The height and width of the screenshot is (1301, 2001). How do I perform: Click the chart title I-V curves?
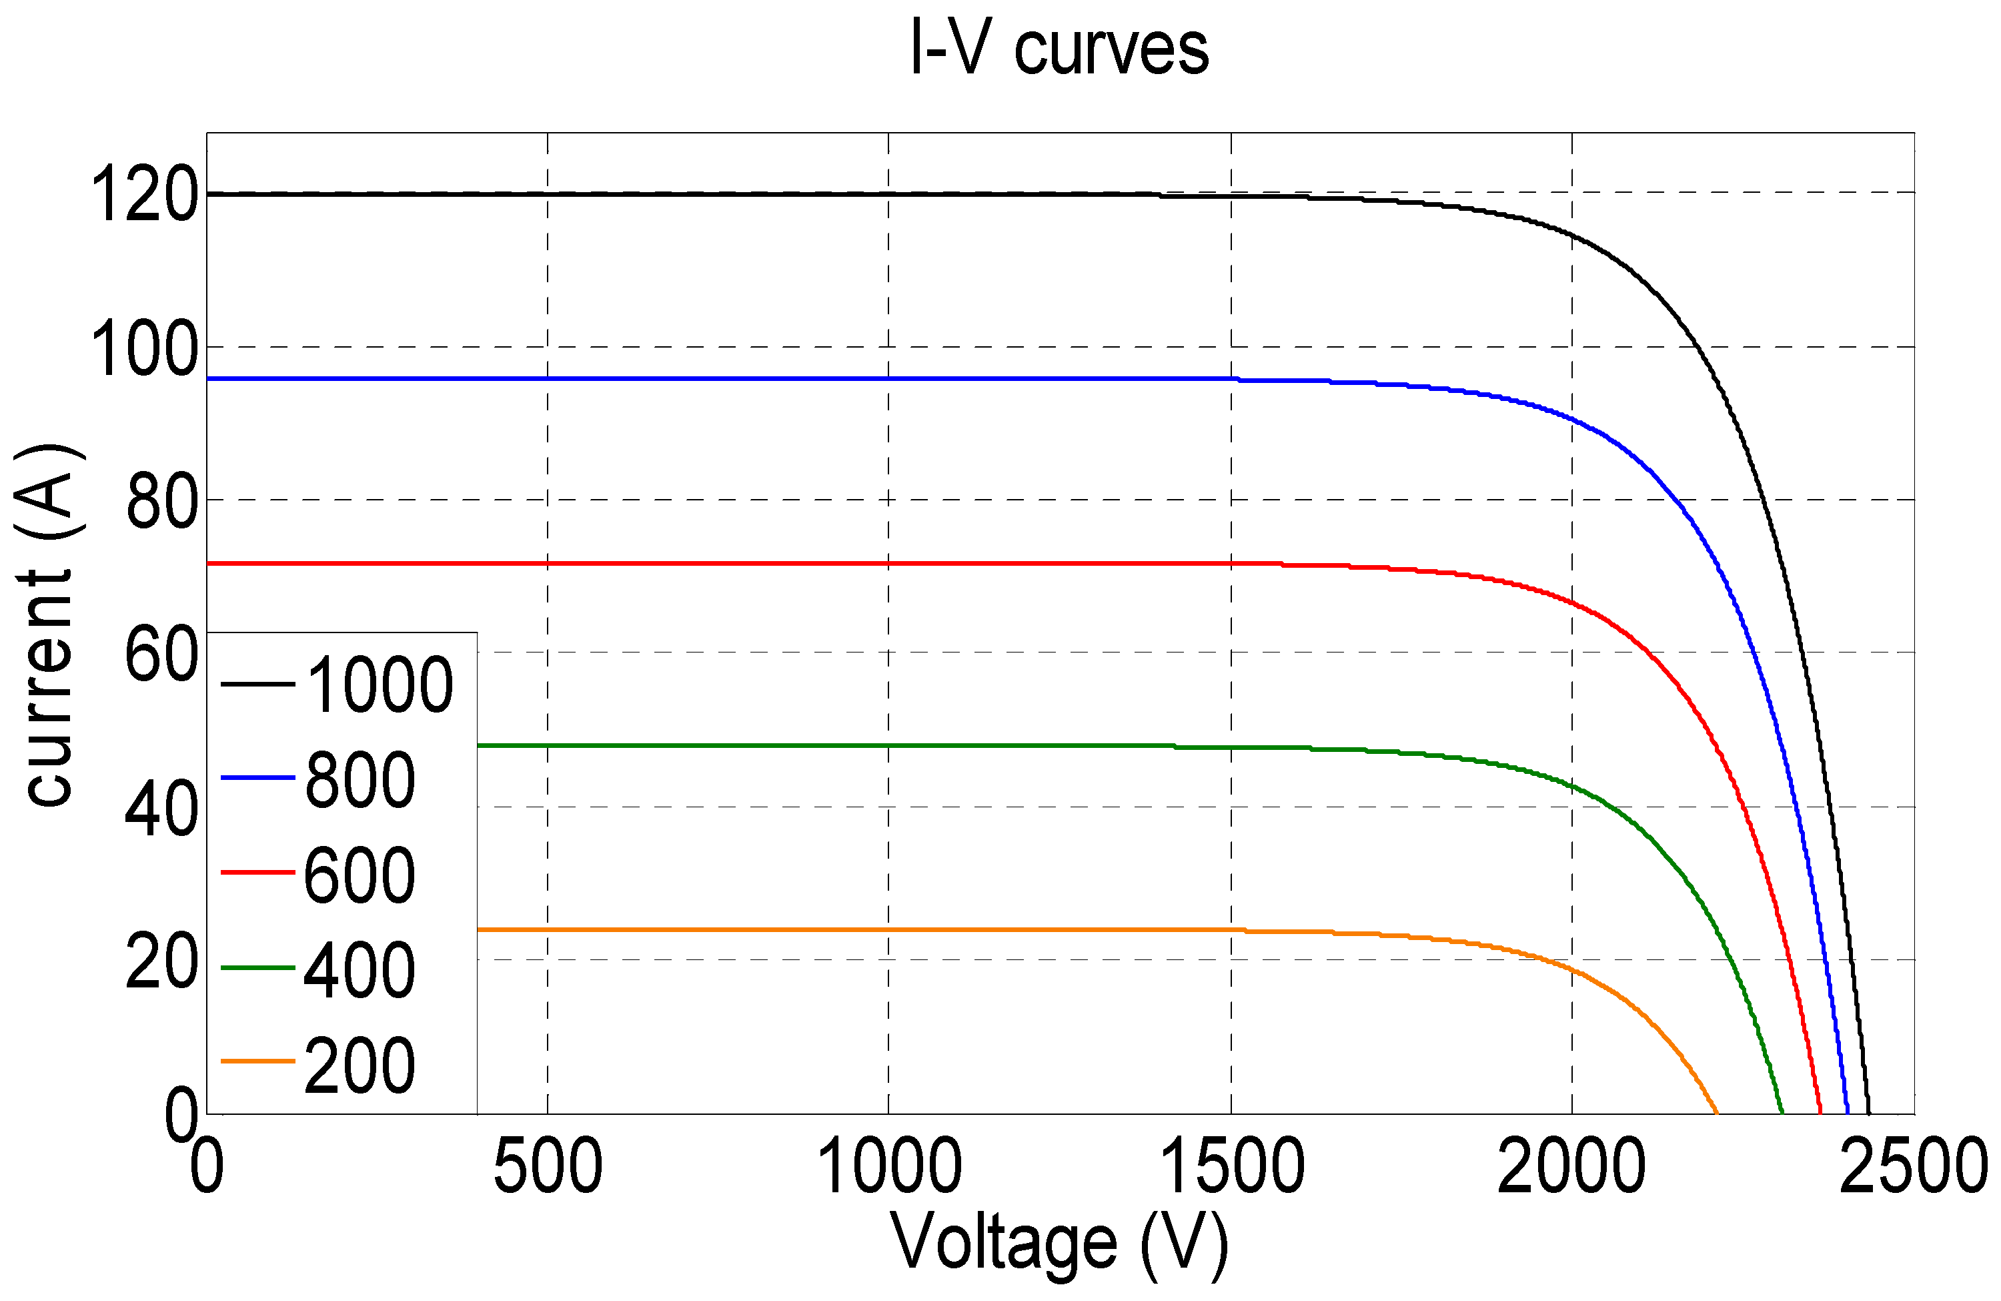tap(1059, 49)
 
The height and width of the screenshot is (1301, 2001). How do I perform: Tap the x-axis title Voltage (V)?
tap(1059, 1244)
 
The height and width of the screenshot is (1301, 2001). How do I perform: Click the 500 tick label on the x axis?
tap(548, 1166)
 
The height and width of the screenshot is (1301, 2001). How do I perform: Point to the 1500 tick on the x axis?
tap(1232, 1166)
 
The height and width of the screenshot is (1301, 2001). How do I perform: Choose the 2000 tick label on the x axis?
tap(1571, 1166)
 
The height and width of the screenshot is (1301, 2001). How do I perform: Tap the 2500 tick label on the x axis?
tap(1914, 1166)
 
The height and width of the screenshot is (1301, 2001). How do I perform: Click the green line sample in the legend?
tap(257, 968)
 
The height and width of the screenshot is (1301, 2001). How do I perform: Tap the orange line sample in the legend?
tap(257, 1061)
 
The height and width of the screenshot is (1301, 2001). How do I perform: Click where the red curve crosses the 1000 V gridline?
tap(888, 564)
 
